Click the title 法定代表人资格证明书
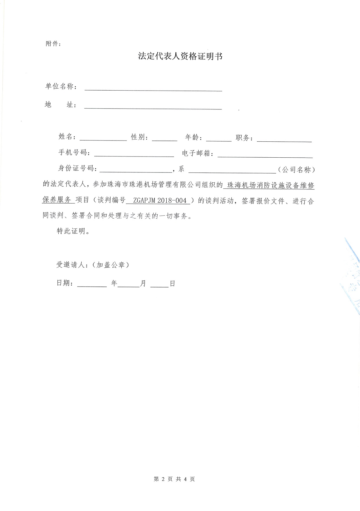180,56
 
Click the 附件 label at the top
53,44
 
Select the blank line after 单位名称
153,88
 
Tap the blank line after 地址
153,106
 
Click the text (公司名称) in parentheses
296,170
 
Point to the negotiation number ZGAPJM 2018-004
160,201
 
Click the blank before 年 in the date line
92,284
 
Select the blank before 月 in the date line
129,284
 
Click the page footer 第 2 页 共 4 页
174,479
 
